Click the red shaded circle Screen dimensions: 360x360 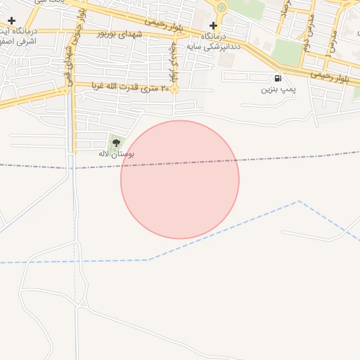point(180,180)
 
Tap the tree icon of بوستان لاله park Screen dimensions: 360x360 point(116,143)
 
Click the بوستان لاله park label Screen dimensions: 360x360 point(116,153)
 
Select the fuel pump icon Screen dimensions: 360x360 point(278,78)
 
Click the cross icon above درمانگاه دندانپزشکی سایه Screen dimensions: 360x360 point(214,25)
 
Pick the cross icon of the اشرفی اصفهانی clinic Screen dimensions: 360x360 point(11,21)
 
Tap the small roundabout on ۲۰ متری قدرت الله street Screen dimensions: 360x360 point(174,89)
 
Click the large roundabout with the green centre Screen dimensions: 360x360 point(221,8)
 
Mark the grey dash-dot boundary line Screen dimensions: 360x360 point(42,167)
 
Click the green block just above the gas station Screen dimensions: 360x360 point(286,53)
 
